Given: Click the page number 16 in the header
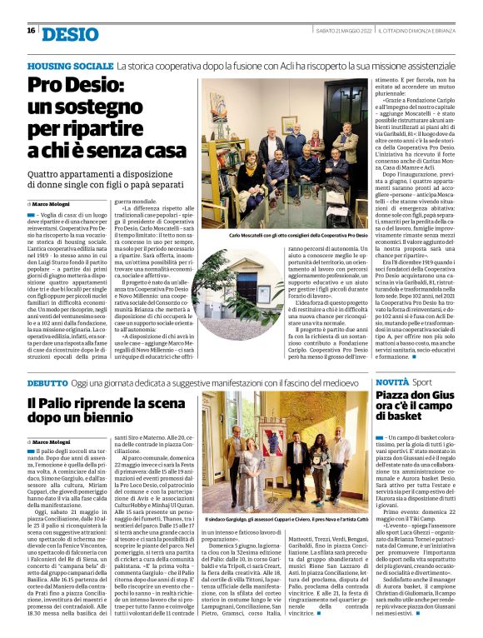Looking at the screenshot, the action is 31,31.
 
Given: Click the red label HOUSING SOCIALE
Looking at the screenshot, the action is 70,65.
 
